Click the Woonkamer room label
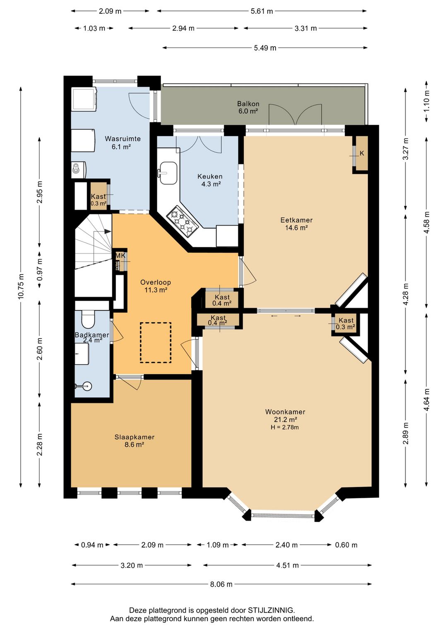[285, 412]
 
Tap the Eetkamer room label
[296, 220]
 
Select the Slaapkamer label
[134, 437]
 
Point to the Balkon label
[248, 104]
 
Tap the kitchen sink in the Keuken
[168, 173]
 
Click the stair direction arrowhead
[108, 231]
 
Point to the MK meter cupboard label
[120, 256]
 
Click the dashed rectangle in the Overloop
[156, 342]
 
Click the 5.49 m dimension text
[265, 48]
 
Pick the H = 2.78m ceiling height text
[285, 427]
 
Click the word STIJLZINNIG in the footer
[271, 610]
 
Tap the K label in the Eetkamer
[362, 153]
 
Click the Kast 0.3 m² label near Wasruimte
[99, 200]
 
